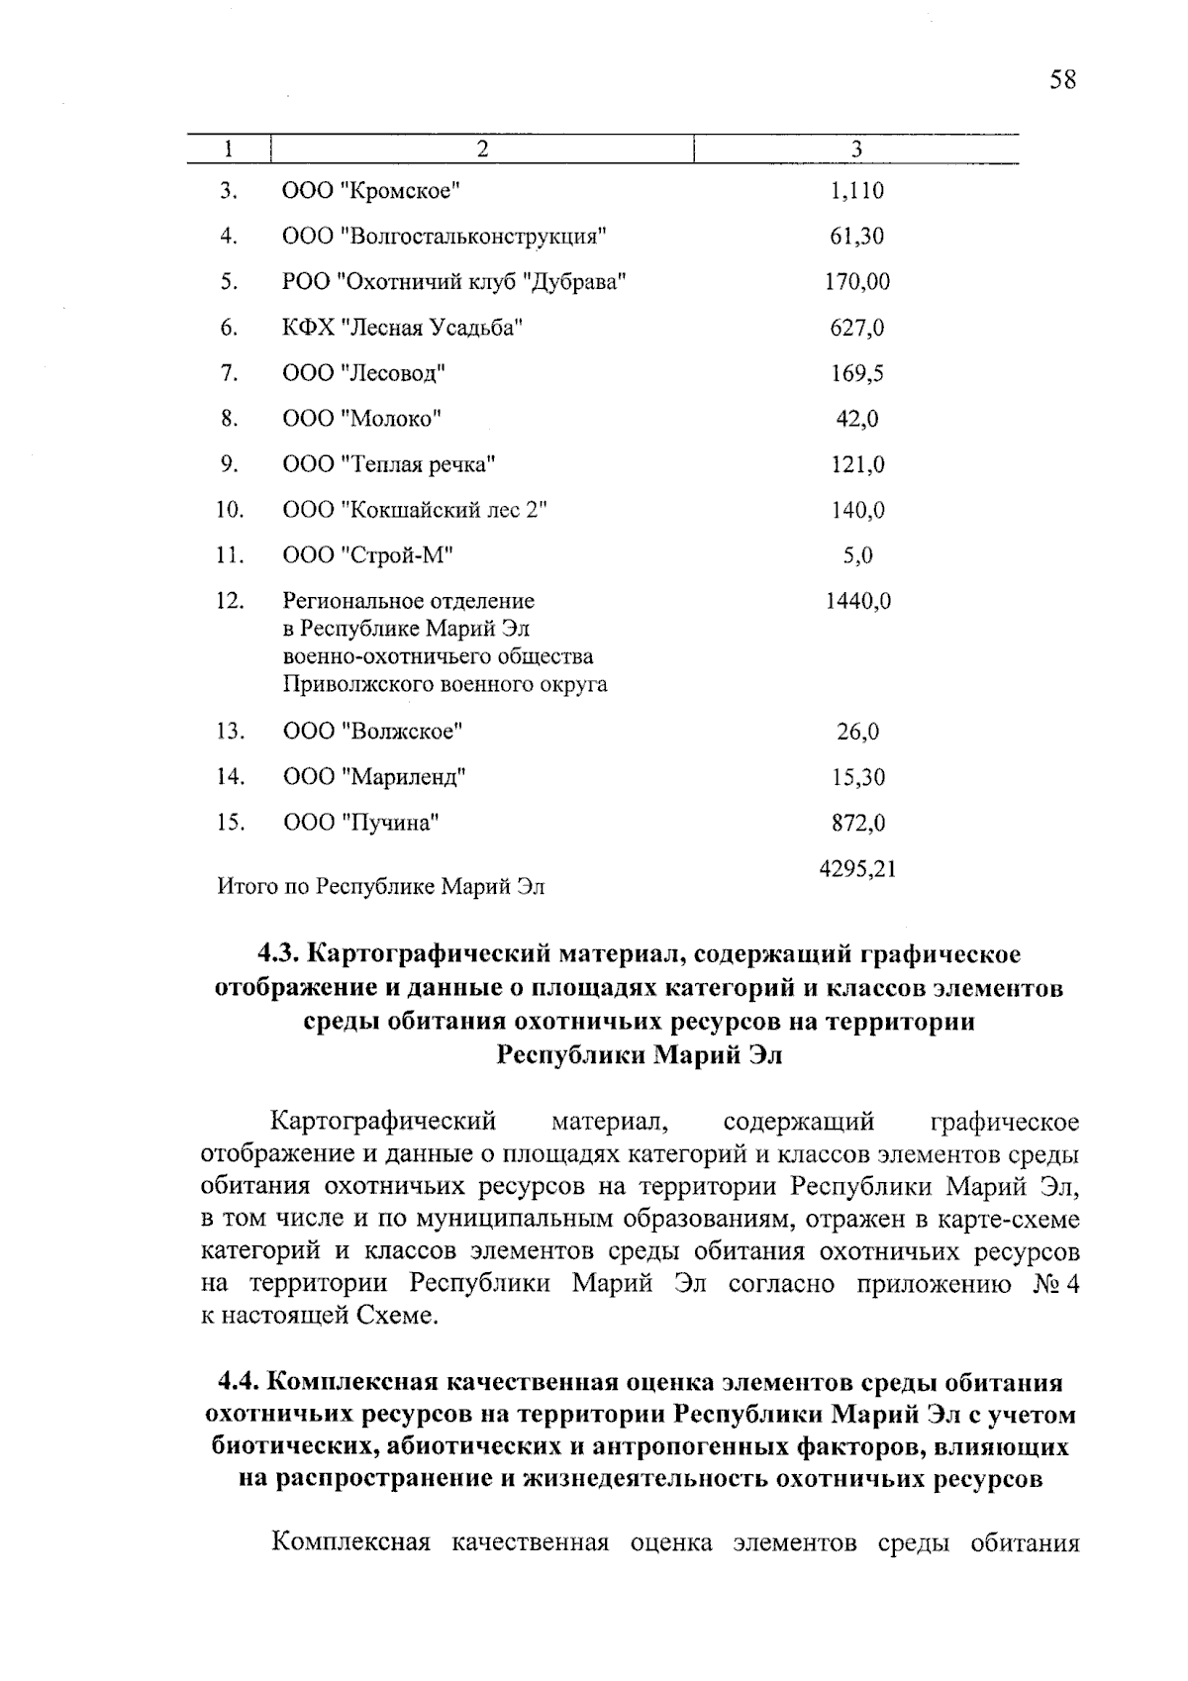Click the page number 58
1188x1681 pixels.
(1062, 80)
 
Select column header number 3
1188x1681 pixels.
(856, 149)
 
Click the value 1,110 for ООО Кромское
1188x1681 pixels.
(857, 190)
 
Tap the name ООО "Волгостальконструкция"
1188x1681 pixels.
(444, 237)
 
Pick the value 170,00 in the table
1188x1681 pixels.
(857, 282)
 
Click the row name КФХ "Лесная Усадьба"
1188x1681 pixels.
(403, 328)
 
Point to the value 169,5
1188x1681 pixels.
(857, 373)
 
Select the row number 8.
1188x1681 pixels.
(230, 419)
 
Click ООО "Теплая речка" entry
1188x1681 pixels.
(389, 464)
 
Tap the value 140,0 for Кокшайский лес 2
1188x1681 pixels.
(857, 510)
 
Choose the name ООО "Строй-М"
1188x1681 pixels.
(367, 555)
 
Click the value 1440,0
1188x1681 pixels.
(857, 601)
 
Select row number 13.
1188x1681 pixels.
(230, 732)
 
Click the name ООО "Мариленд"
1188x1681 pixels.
(374, 777)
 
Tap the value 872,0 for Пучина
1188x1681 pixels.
(857, 823)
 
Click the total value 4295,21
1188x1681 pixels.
(857, 869)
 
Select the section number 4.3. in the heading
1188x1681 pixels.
(279, 954)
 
